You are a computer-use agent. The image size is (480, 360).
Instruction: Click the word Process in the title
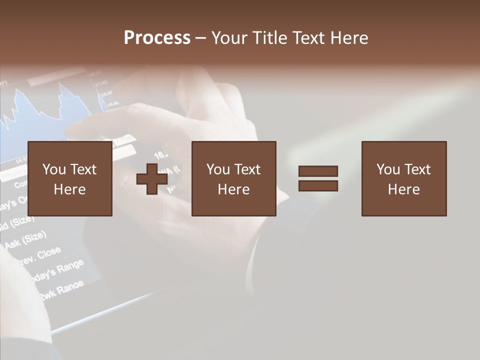pos(157,38)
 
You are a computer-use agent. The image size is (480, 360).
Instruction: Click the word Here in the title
pos(349,38)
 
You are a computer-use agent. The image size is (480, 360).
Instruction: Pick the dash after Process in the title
pos(200,38)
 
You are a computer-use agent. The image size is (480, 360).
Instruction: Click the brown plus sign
pos(152,179)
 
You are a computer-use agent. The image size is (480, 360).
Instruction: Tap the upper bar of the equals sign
pos(318,171)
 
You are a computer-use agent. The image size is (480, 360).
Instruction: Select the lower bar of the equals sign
pos(318,186)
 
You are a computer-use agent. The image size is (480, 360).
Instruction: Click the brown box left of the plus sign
pos(69,179)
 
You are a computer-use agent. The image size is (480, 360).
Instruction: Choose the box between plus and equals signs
pos(233,179)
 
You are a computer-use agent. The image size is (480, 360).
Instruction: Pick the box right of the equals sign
pos(404,179)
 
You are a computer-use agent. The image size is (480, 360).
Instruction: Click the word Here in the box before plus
pos(69,189)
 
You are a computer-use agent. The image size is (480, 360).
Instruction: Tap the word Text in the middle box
pos(246,169)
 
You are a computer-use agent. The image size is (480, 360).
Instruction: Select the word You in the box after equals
pos(388,169)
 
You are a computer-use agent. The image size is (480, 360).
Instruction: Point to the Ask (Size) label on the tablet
pos(25,239)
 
